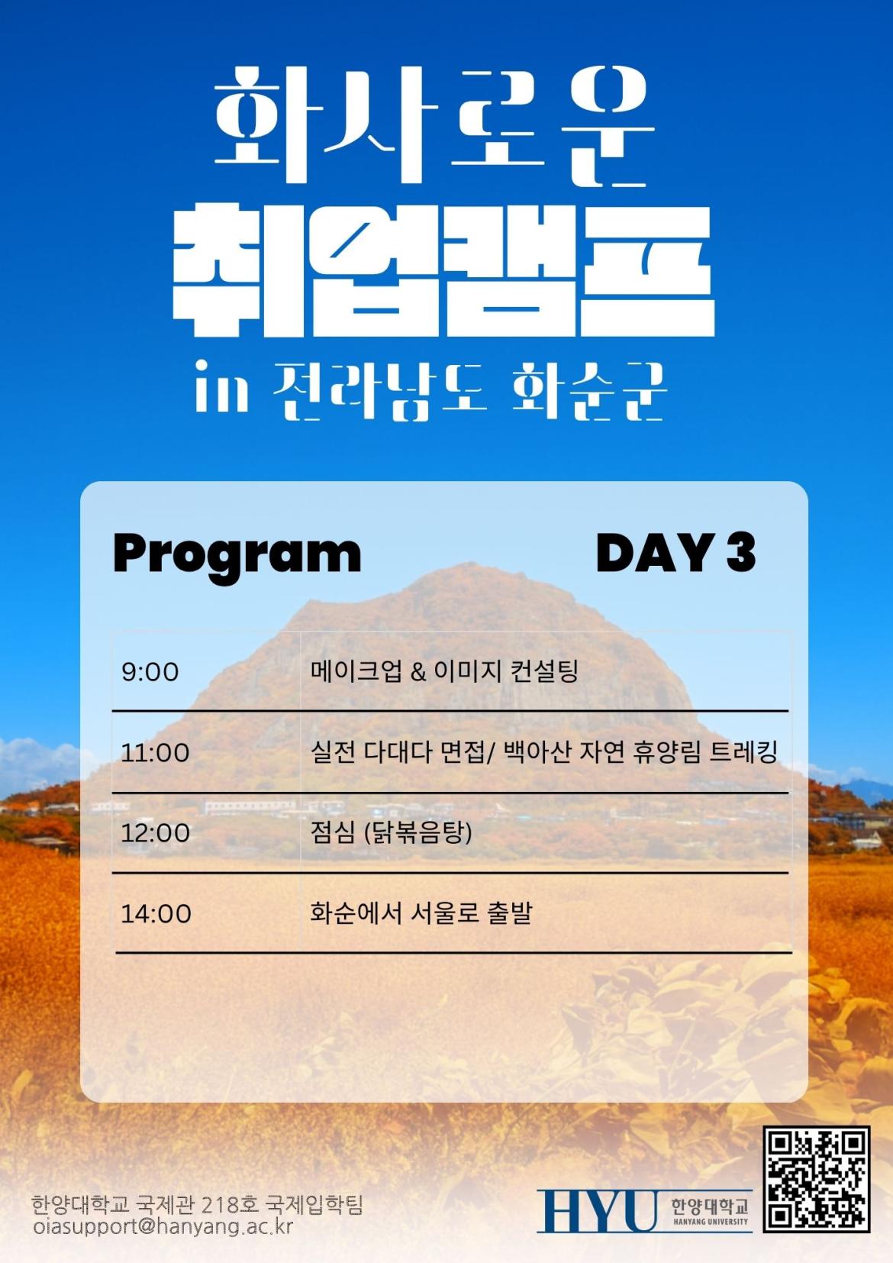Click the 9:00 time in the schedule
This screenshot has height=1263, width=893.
coord(150,672)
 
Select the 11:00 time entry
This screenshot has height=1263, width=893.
coord(156,753)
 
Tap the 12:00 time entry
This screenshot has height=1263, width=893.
coord(156,833)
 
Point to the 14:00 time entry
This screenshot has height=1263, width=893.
coord(156,914)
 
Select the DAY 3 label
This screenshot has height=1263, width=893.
coord(675,553)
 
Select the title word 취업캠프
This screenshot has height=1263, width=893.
coord(443,273)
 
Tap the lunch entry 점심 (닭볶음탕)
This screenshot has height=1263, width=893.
coord(391,833)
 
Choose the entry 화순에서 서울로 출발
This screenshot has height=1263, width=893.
coord(421,913)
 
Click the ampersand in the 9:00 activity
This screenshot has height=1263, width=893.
coord(418,672)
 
